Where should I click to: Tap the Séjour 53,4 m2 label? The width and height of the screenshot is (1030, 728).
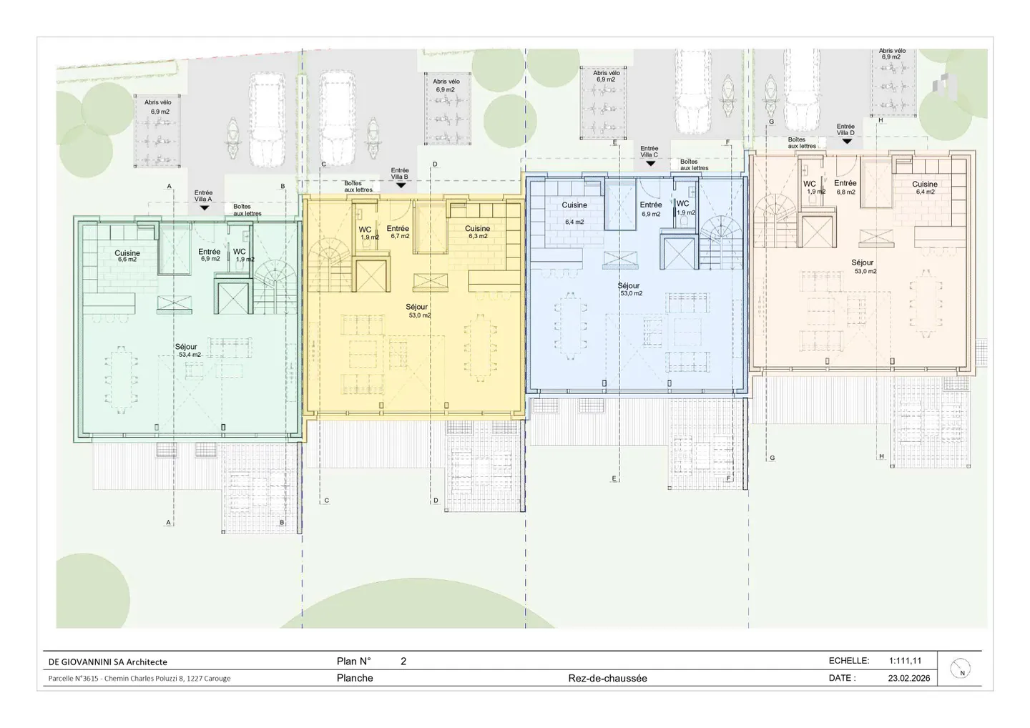(187, 350)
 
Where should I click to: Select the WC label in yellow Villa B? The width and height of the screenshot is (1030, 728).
(366, 230)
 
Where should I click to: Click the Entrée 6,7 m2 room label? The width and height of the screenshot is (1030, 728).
(398, 232)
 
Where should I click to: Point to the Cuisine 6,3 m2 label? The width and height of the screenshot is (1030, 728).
(477, 232)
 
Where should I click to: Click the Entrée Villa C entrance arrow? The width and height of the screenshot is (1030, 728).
(650, 163)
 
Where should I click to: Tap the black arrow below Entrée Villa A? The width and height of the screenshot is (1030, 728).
(204, 207)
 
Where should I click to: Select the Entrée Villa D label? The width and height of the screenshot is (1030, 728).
(845, 129)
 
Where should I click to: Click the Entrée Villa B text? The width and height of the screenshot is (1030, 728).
(400, 174)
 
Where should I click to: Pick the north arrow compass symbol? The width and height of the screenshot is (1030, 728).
(961, 668)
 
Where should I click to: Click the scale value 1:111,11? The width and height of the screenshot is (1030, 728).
(905, 661)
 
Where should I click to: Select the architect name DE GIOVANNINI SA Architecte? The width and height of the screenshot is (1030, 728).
(108, 661)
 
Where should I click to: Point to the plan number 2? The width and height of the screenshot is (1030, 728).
(403, 661)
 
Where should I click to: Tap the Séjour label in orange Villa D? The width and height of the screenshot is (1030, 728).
(863, 266)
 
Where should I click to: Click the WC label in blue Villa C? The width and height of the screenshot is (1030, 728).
(683, 203)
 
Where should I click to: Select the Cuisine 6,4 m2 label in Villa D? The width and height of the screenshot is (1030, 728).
(924, 187)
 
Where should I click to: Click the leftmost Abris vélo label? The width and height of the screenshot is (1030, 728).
(158, 107)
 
